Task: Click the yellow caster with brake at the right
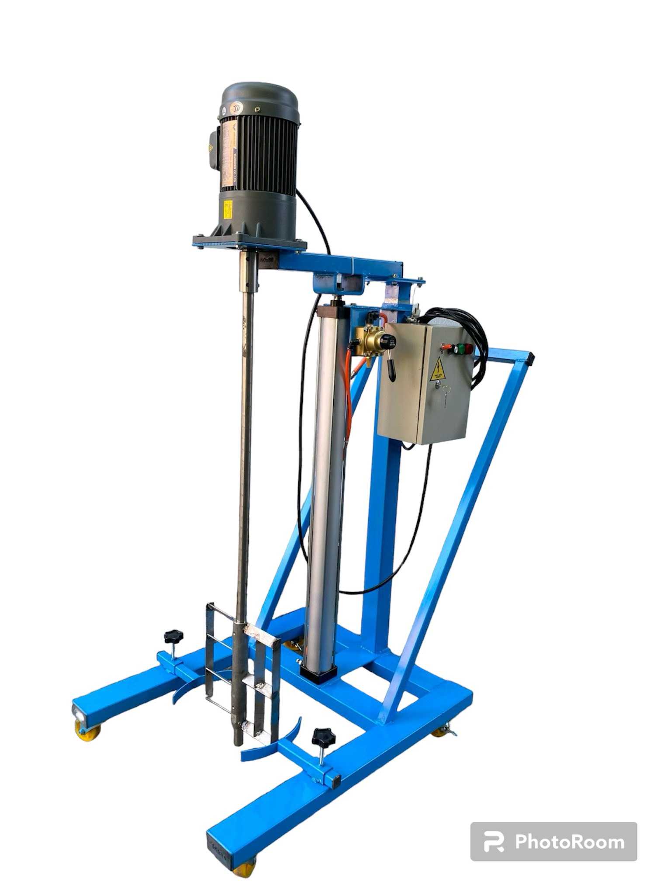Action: pos(442,731)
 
